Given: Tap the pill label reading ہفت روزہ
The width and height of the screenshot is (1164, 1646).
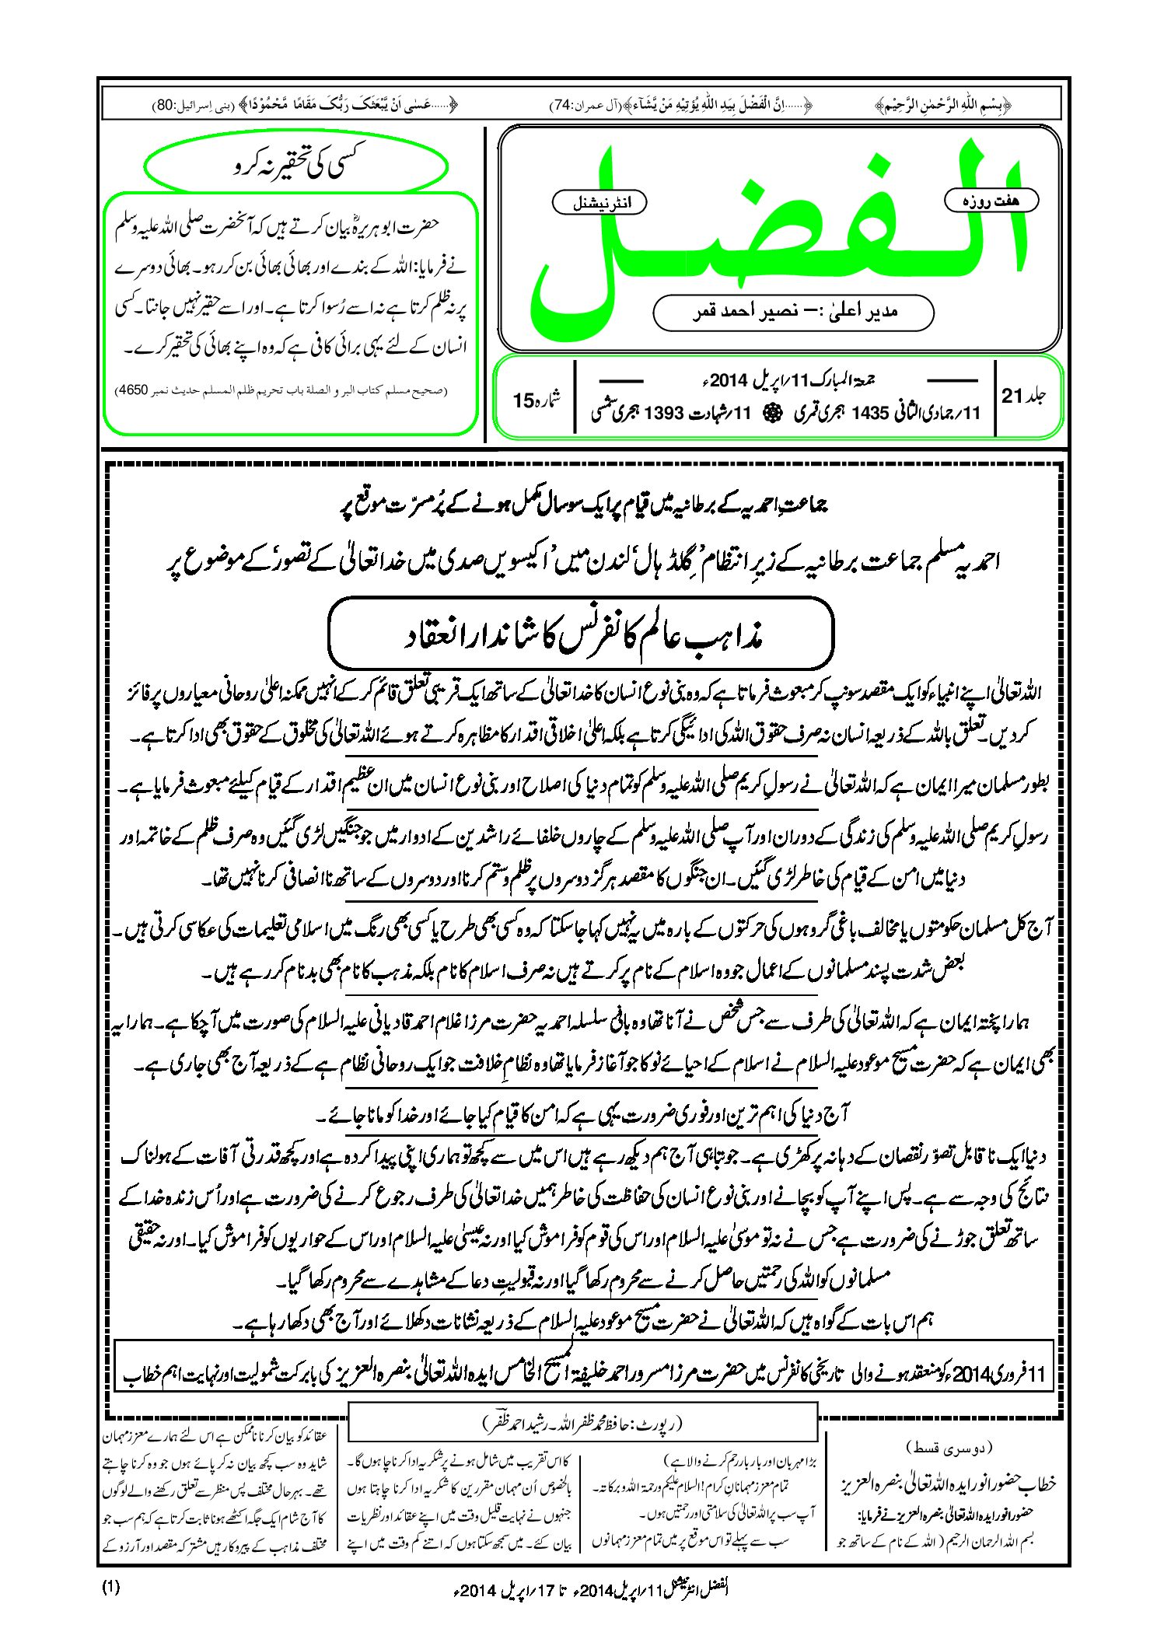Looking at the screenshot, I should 991,201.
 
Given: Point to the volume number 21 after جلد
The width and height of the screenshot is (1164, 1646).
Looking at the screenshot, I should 1011,397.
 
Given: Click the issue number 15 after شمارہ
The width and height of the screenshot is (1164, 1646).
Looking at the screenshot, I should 523,401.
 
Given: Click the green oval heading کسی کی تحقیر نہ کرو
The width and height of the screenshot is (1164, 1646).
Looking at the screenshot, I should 297,166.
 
